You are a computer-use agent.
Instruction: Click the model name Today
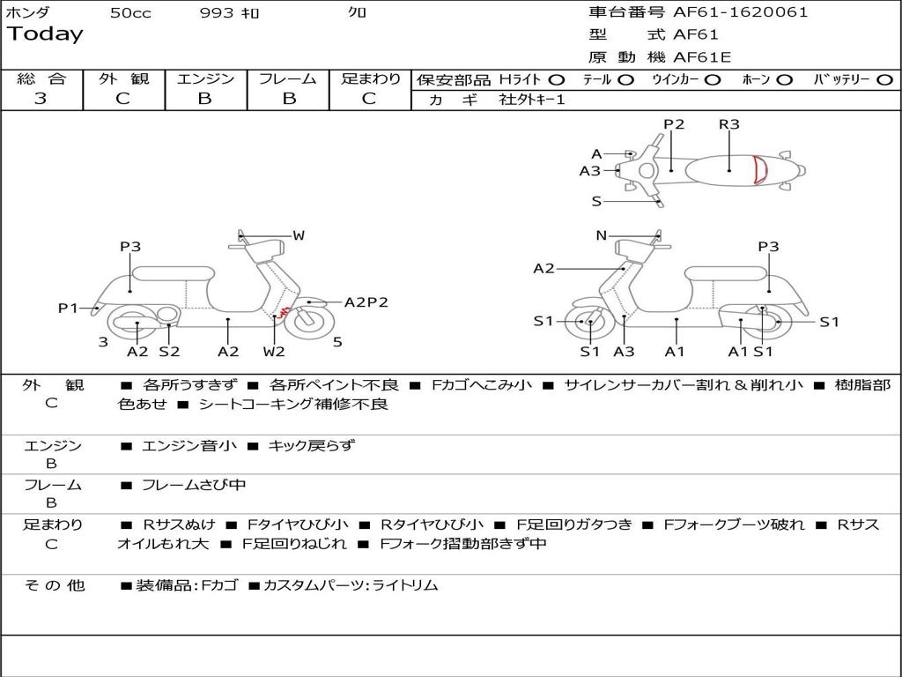(x=45, y=34)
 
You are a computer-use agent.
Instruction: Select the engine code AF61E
(x=702, y=58)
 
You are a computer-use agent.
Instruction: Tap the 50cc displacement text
(x=130, y=13)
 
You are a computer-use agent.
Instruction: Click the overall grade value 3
(x=41, y=99)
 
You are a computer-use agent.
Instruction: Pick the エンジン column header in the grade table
(x=205, y=78)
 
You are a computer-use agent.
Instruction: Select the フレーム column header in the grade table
(x=287, y=78)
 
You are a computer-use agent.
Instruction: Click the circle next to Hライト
(x=557, y=80)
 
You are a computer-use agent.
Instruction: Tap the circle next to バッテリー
(x=884, y=80)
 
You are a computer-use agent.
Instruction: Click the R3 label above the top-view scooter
(x=728, y=124)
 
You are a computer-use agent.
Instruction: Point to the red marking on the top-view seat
(x=759, y=170)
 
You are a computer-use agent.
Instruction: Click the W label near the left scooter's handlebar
(x=299, y=235)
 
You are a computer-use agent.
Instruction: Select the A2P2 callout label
(x=366, y=302)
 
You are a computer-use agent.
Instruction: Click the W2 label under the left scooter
(x=275, y=352)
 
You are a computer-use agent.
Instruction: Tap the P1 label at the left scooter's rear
(x=69, y=308)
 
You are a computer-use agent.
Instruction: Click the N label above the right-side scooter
(x=602, y=235)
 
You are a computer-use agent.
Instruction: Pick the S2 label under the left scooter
(x=169, y=352)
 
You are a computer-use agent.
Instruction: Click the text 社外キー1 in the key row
(x=532, y=100)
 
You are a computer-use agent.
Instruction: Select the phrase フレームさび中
(x=194, y=485)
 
